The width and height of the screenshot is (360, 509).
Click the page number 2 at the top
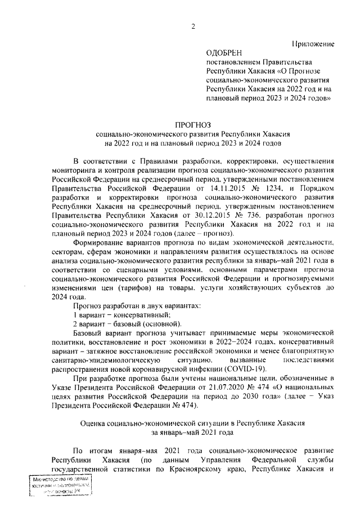(192, 26)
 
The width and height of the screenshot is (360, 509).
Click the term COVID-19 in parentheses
(247, 368)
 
